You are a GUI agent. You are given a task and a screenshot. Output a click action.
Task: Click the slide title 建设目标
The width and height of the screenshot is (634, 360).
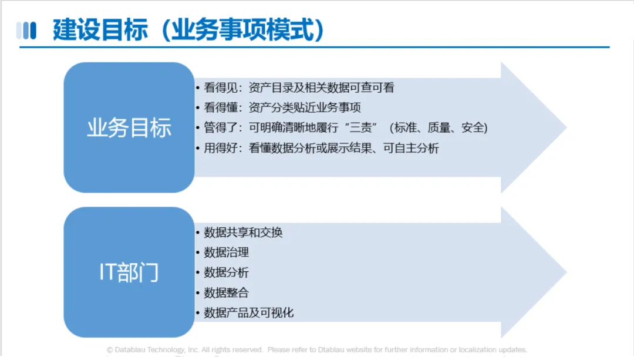100,29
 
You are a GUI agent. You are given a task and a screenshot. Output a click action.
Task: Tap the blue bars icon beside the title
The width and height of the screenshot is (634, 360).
26,31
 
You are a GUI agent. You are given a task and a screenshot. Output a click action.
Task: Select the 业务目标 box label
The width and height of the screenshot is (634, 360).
129,128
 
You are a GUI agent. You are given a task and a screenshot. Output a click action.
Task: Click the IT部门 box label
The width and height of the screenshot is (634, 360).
129,272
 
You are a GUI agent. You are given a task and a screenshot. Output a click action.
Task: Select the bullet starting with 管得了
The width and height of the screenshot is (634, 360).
342,128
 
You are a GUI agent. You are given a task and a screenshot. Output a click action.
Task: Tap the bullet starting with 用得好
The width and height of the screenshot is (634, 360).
318,148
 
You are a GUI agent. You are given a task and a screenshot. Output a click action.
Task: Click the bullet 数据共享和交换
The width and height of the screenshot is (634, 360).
239,232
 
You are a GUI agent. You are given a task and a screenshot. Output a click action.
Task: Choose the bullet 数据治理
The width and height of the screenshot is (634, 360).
222,253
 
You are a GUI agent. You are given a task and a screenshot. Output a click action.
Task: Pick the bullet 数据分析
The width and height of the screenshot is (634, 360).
222,272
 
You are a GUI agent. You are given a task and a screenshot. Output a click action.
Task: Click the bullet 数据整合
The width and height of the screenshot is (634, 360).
222,292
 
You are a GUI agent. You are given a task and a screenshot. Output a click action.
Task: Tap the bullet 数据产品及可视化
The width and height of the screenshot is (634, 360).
245,312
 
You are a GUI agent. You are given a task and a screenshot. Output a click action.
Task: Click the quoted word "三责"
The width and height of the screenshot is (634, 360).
360,128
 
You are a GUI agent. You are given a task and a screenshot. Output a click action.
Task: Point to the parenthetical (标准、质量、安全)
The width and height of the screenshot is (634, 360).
439,128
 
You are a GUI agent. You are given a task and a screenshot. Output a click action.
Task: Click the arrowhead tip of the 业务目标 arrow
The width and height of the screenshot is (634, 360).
566,127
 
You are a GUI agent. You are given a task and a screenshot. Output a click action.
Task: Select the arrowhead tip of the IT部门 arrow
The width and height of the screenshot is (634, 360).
566,272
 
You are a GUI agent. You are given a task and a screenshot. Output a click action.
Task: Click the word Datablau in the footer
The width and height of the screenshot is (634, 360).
130,349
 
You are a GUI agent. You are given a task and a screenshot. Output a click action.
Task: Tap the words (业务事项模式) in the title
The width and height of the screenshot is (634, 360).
243,29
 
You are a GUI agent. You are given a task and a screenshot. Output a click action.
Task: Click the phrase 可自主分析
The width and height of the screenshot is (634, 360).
411,148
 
